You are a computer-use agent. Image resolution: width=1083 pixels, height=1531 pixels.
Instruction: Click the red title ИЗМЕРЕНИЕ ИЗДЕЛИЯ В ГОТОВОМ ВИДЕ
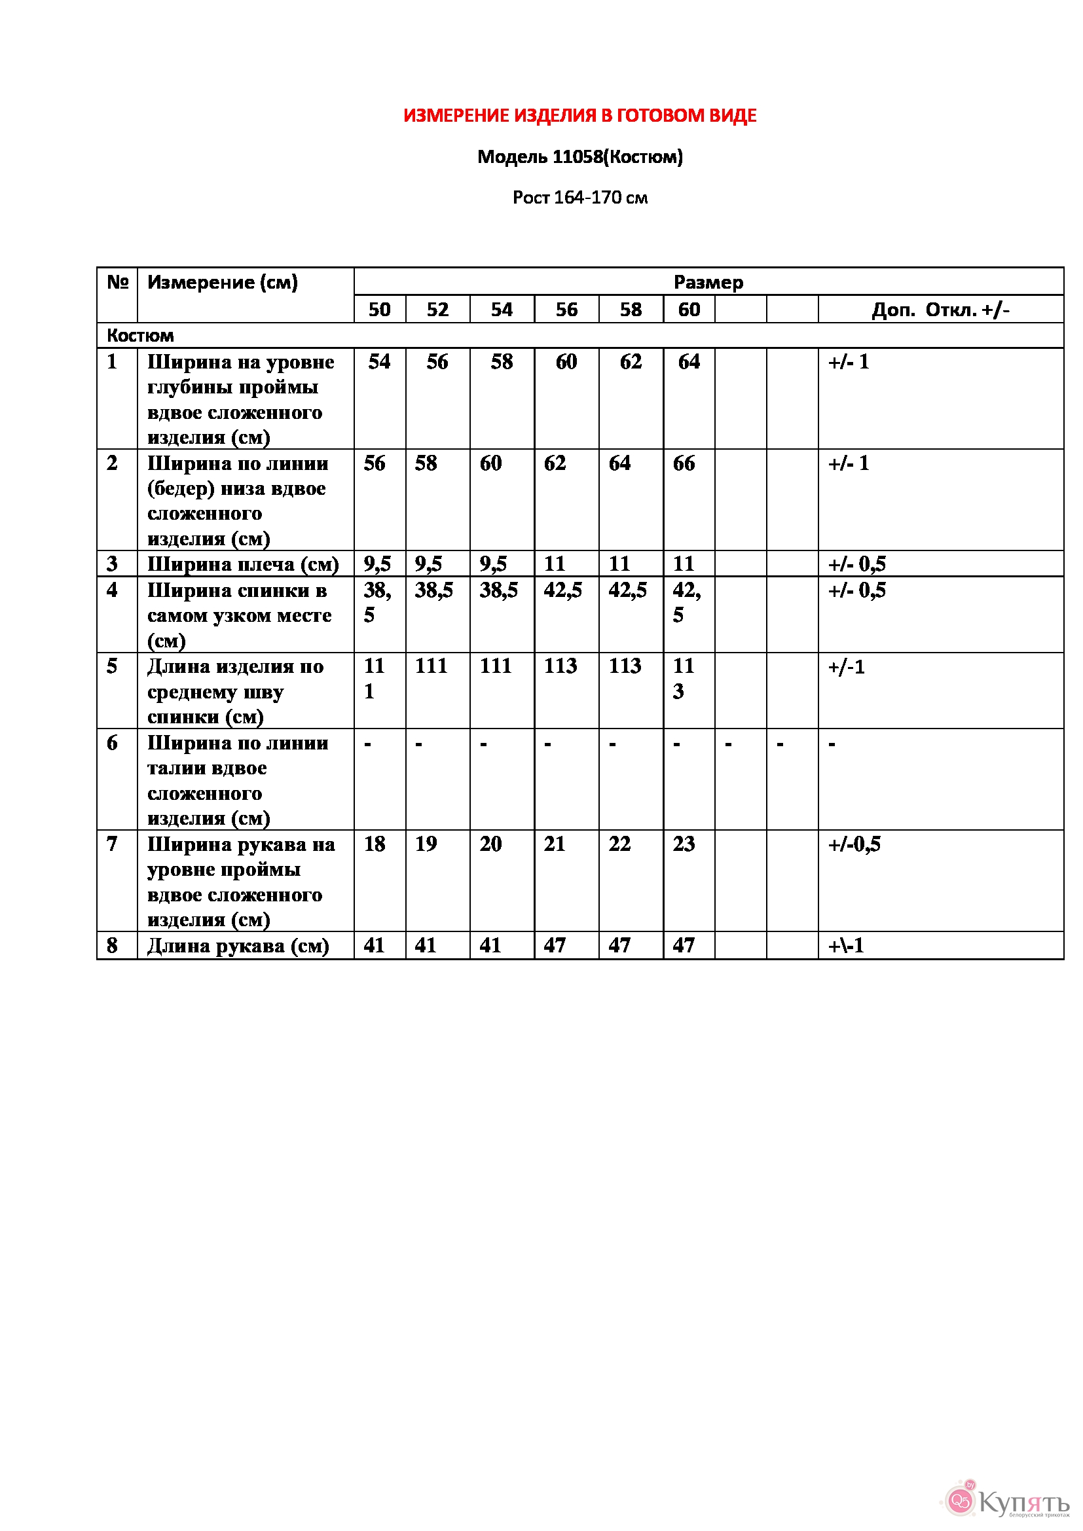pos(579,116)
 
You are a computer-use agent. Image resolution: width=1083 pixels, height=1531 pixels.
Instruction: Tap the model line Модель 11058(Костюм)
pos(579,157)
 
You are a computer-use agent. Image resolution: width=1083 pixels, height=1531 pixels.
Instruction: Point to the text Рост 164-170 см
pos(579,198)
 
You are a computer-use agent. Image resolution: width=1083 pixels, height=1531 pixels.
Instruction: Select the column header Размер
pos(708,282)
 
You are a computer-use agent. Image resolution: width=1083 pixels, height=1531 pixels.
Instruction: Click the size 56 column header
pos(566,310)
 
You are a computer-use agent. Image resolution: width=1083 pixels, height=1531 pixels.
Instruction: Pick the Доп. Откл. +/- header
pos(940,310)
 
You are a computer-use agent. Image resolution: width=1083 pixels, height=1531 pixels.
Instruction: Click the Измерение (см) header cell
pos(223,282)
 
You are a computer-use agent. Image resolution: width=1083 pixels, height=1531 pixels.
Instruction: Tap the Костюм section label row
pos(140,335)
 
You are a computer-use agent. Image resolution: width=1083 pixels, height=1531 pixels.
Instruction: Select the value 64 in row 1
pos(688,362)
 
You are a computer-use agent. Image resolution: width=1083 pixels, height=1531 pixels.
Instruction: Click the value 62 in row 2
pos(555,463)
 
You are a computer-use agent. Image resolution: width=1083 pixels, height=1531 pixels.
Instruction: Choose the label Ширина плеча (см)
pos(243,564)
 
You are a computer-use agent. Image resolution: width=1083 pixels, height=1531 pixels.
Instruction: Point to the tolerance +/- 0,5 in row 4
pos(857,590)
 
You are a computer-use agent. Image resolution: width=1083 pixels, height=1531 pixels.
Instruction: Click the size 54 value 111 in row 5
pos(496,666)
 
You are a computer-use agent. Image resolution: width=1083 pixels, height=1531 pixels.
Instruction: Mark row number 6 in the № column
pos(112,743)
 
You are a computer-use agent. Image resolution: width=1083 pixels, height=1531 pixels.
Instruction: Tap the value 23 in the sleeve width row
pos(684,844)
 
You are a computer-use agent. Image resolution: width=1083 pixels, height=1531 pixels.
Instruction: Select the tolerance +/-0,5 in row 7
pos(854,844)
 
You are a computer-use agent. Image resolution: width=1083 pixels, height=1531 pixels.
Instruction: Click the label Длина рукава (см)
pos(238,946)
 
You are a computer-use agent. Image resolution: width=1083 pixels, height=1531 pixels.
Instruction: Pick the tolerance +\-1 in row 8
pos(845,946)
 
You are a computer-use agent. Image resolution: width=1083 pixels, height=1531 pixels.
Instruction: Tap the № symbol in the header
pos(117,282)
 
